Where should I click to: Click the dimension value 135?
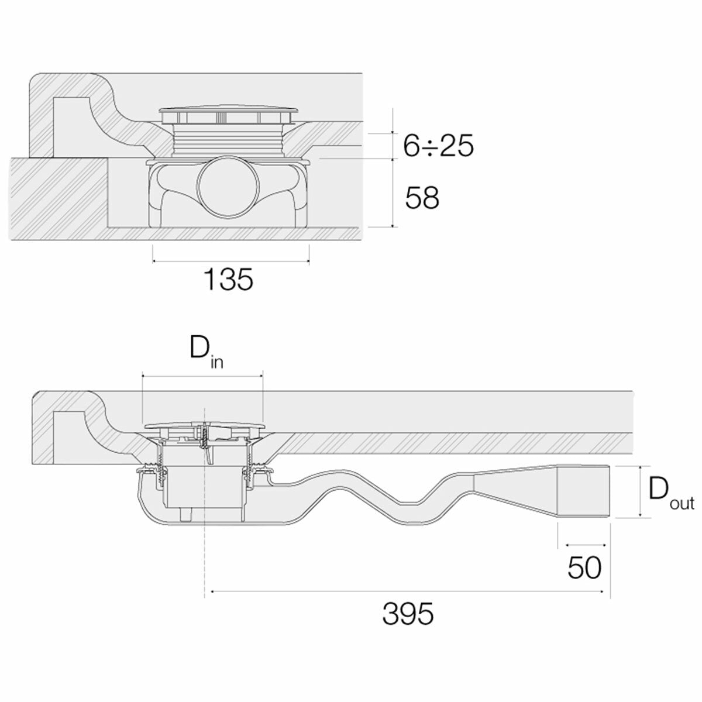point(228,280)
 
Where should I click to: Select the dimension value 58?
point(422,198)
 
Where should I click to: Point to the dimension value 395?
point(408,614)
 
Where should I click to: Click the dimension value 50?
point(584,567)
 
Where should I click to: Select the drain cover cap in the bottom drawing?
point(202,425)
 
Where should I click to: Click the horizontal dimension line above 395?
point(407,592)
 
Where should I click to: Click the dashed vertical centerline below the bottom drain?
point(204,556)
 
